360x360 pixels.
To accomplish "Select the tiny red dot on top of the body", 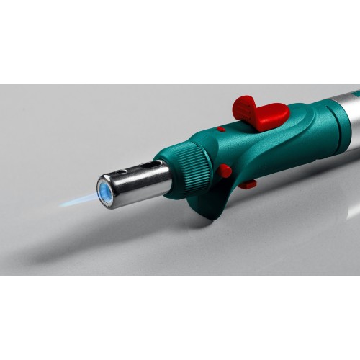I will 220,130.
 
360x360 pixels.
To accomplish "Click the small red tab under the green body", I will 248,185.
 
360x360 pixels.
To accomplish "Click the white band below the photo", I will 180,317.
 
